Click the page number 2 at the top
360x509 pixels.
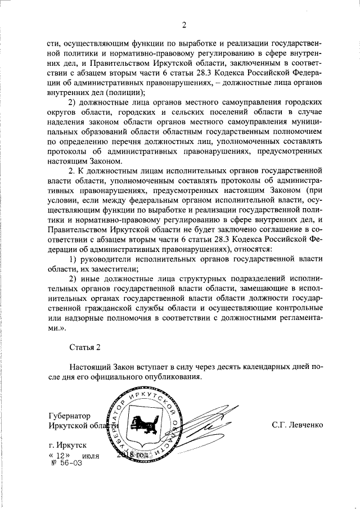click(x=183, y=23)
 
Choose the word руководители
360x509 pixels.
click(x=101, y=258)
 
